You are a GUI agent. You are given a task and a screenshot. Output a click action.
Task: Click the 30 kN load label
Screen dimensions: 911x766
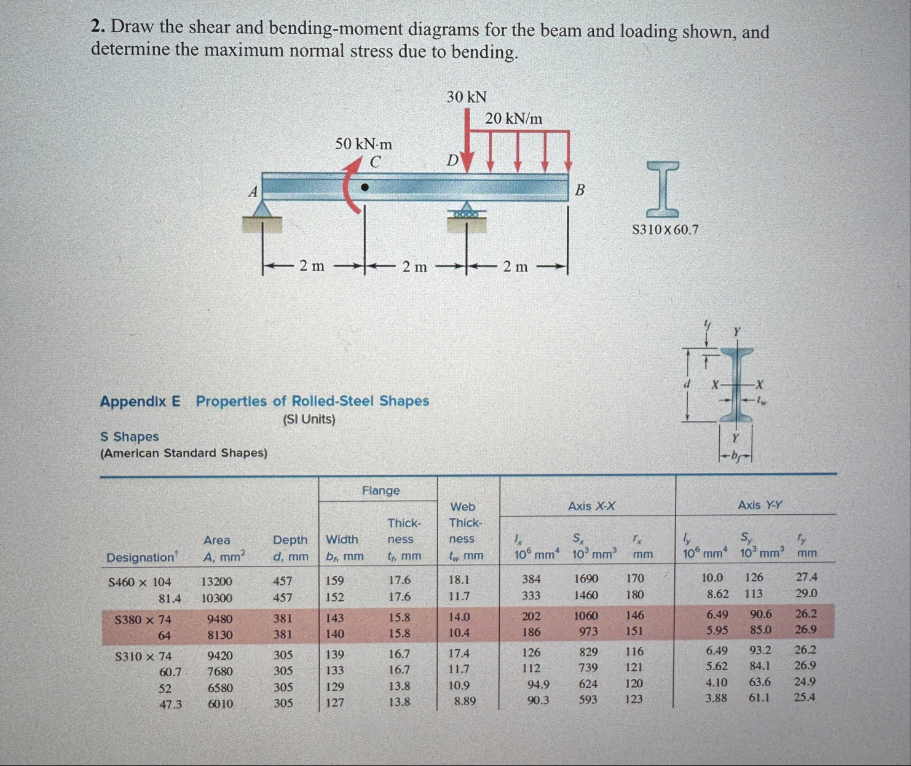pyautogui.click(x=467, y=97)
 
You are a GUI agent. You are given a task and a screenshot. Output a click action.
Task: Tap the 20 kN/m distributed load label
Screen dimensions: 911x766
pyautogui.click(x=514, y=119)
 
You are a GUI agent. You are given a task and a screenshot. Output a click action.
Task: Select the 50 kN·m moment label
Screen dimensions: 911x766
pyautogui.click(x=363, y=144)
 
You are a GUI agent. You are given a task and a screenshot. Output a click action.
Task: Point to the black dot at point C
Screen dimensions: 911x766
pyautogui.click(x=365, y=187)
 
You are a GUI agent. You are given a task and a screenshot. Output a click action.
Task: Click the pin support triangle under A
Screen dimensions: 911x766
pyautogui.click(x=263, y=209)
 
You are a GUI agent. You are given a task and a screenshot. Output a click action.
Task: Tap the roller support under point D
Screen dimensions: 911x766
pyautogui.click(x=468, y=211)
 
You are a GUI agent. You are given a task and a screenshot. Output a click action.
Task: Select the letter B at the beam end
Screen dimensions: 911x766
pyautogui.click(x=580, y=190)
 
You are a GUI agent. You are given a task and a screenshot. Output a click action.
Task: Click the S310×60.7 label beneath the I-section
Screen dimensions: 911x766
pyautogui.click(x=665, y=230)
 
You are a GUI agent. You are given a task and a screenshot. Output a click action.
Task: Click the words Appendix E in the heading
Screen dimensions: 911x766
pyautogui.click(x=140, y=402)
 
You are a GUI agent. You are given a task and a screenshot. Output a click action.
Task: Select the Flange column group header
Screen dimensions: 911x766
pyautogui.click(x=381, y=491)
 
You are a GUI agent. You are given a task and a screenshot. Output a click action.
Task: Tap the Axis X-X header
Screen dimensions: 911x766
pyautogui.click(x=591, y=506)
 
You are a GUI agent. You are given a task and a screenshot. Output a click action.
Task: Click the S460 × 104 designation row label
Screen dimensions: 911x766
pyautogui.click(x=140, y=582)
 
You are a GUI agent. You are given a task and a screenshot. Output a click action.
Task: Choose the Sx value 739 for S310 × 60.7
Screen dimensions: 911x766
pyautogui.click(x=588, y=668)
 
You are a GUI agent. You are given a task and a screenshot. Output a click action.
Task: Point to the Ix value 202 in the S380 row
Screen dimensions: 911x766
pyautogui.click(x=531, y=616)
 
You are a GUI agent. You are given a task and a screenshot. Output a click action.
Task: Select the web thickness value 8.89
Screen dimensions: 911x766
pyautogui.click(x=464, y=701)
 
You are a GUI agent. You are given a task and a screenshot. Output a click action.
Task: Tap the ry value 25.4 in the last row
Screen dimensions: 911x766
pyautogui.click(x=805, y=697)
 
